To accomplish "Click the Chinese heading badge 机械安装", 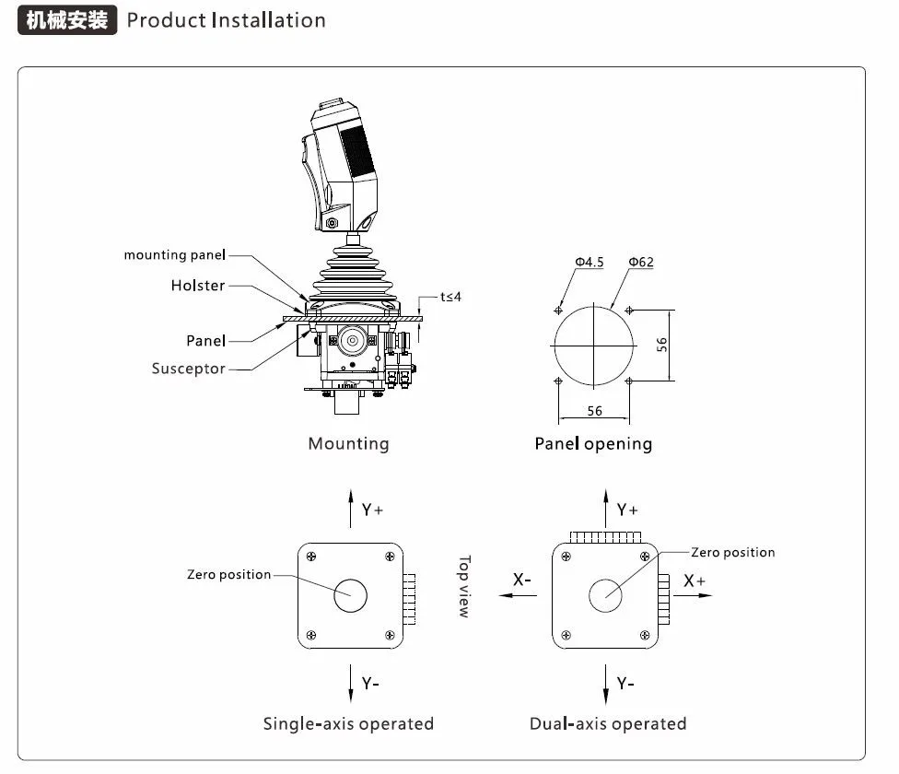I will [67, 20].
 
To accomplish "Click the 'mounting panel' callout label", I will [174, 255].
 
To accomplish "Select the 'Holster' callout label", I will [197, 286].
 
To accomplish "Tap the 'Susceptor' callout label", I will [188, 369].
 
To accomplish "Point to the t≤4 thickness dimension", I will [449, 297].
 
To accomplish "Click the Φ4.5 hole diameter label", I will [589, 263].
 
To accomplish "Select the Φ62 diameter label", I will [641, 263].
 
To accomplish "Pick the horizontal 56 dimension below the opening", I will [594, 411].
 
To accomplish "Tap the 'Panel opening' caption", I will [593, 444].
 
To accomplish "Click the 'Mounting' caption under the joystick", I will [348, 444].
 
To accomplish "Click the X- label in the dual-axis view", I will [522, 580].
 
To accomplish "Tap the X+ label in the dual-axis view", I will [695, 581].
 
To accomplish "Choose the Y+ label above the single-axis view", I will [372, 510].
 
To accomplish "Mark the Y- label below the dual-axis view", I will [626, 683].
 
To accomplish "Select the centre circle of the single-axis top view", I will [350, 594].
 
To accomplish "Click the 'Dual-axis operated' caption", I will [608, 723].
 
